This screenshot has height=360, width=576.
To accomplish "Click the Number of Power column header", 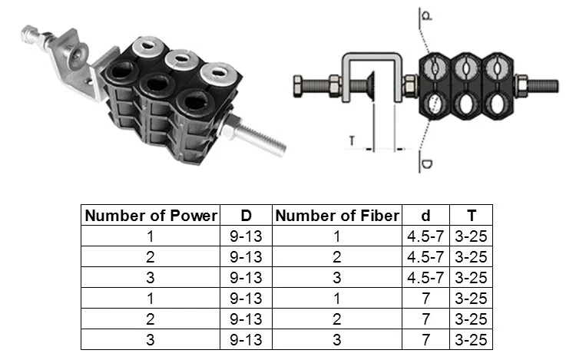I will [151, 215].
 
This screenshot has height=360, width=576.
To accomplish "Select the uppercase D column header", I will [246, 215].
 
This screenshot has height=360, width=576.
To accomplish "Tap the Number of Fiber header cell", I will [337, 215].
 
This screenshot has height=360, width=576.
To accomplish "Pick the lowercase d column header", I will [425, 215].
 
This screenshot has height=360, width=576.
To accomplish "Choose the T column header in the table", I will [470, 215].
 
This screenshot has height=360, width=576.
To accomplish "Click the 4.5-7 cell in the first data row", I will [425, 236].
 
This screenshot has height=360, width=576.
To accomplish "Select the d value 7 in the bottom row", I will [425, 340].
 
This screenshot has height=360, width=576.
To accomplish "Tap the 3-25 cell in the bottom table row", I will [470, 340].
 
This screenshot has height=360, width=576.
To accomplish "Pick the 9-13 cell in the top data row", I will [246, 236].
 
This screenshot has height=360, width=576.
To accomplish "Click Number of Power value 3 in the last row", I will [151, 340].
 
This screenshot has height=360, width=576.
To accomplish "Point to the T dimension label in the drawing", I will [351, 140].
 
